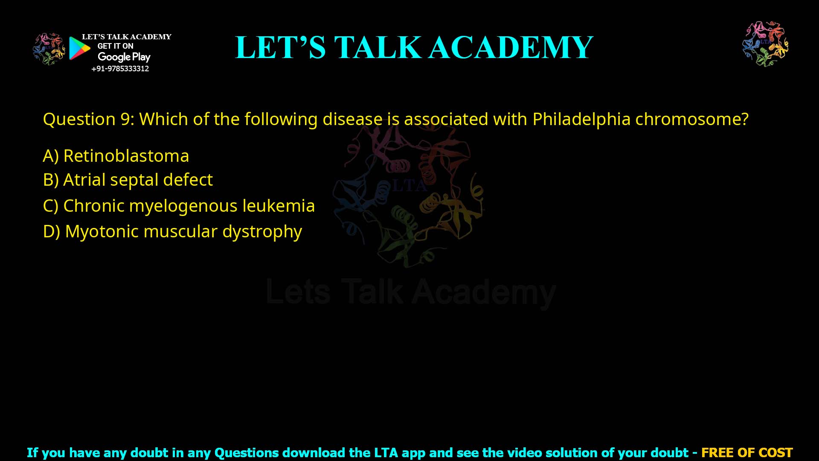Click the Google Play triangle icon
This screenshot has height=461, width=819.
[x=79, y=48]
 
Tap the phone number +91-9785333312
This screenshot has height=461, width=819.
[x=120, y=69]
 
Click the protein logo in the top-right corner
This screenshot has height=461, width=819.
[x=765, y=44]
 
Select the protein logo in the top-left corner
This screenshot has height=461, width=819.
[x=49, y=49]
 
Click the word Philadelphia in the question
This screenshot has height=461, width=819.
[x=581, y=119]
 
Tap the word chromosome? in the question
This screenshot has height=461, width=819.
[x=691, y=119]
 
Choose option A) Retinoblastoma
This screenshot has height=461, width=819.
[x=116, y=156]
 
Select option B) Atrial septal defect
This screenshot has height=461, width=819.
[x=128, y=180]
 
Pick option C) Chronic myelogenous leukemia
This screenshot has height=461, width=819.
[x=179, y=206]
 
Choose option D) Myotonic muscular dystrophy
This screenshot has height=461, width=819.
[x=172, y=231]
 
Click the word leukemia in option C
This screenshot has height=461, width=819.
[x=279, y=206]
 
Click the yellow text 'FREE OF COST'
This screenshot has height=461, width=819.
[x=747, y=452]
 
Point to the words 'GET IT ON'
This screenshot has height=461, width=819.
[x=115, y=46]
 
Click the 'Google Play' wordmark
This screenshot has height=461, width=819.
[x=124, y=57]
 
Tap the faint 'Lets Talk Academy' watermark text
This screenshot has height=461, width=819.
[x=411, y=292]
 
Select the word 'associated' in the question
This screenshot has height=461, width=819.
[x=446, y=119]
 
